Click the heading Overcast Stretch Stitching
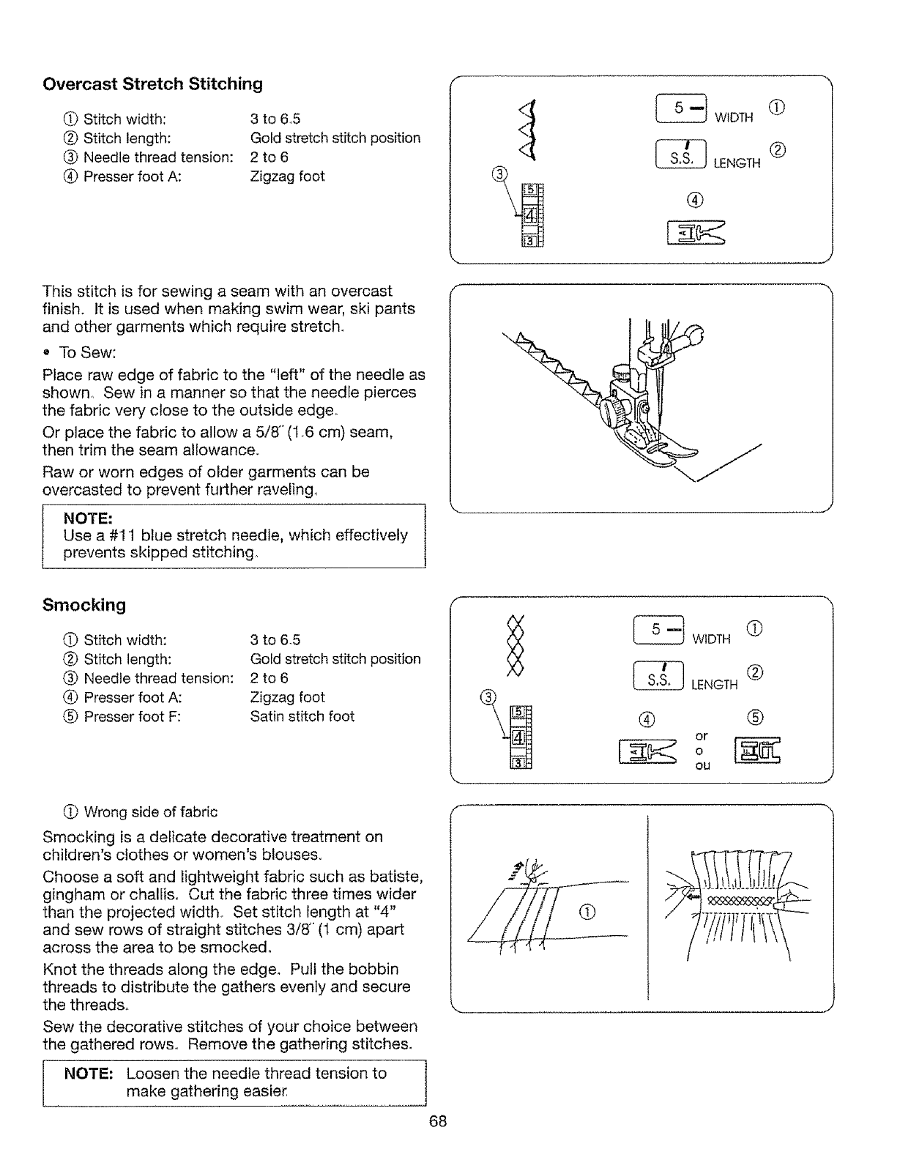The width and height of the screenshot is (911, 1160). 152,84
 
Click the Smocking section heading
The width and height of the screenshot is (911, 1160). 84,606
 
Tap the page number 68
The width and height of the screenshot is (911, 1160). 439,1122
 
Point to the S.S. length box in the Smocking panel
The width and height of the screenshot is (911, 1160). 658,676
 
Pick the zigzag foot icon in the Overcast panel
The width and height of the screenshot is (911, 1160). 695,234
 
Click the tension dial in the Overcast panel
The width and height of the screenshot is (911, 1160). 532,215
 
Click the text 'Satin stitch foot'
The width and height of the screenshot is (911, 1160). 302,716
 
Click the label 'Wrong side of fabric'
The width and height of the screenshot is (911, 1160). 150,812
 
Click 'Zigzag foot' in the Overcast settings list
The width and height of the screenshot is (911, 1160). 287,176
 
